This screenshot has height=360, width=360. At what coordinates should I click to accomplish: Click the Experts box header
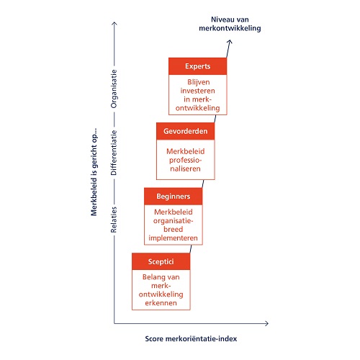[197, 66]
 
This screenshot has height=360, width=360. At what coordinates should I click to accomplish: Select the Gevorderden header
[185, 131]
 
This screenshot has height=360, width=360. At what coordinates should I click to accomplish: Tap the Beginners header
[174, 197]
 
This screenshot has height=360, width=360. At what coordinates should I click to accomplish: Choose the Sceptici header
[161, 261]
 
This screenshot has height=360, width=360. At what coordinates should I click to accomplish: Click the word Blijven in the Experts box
[199, 82]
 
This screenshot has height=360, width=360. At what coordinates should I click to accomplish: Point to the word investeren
[198, 91]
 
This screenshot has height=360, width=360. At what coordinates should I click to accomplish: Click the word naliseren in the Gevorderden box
[185, 168]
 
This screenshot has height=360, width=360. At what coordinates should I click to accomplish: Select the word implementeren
[173, 238]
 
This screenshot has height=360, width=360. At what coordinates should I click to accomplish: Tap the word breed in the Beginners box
[174, 229]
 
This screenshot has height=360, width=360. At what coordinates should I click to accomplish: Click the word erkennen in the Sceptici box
[161, 303]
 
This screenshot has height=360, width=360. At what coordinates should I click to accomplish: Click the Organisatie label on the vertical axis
[114, 89]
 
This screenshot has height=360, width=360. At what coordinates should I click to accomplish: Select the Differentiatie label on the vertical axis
[114, 153]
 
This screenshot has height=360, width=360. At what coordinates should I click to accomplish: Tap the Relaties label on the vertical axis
[114, 220]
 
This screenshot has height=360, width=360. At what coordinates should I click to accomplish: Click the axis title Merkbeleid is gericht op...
[94, 172]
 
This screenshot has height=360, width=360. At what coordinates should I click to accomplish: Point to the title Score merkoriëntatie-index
[191, 339]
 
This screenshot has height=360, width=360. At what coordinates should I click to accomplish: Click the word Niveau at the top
[220, 19]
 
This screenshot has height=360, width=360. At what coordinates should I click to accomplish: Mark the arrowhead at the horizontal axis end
[267, 323]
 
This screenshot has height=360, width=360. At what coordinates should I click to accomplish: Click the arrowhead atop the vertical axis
[114, 23]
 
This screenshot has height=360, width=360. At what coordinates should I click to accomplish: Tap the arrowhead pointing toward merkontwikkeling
[230, 42]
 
